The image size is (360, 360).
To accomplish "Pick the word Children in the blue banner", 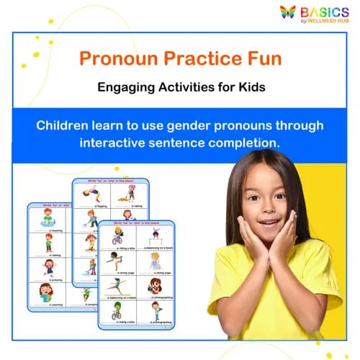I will click(x=66, y=125).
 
